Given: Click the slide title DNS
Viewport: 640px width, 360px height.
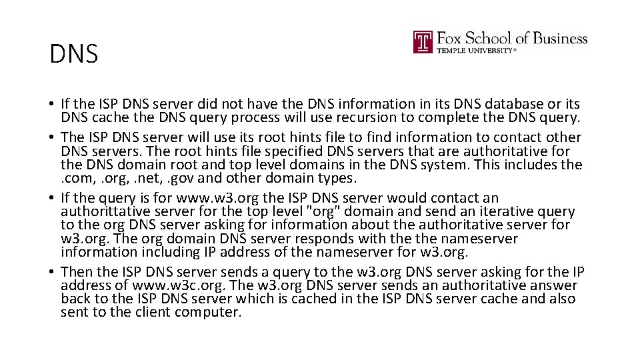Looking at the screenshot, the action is pyautogui.click(x=73, y=54).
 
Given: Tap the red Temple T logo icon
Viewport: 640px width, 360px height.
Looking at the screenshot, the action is pyautogui.click(x=423, y=42).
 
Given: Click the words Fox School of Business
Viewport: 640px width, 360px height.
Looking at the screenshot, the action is pyautogui.click(x=511, y=38).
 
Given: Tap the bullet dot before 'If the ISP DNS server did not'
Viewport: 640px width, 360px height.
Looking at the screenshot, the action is pyautogui.click(x=51, y=105).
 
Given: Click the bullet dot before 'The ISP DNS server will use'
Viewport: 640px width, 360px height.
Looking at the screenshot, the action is pyautogui.click(x=51, y=138).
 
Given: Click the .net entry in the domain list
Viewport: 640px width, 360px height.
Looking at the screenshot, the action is pyautogui.click(x=140, y=179).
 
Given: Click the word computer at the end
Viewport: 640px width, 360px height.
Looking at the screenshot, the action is pyautogui.click(x=208, y=312).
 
